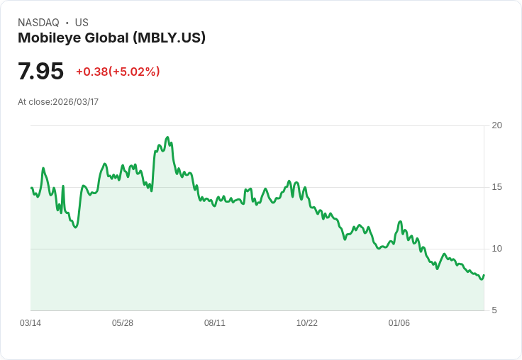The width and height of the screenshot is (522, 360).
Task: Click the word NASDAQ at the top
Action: (38, 23)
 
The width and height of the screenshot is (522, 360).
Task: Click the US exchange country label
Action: (82, 23)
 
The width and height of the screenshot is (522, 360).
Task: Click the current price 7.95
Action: (40, 72)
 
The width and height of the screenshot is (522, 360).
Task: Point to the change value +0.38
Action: (91, 72)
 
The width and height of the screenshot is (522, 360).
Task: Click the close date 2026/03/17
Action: (76, 102)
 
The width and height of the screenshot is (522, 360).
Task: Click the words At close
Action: (34, 102)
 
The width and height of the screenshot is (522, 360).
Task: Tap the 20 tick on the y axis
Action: (496, 125)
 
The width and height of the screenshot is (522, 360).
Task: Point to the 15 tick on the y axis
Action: (496, 187)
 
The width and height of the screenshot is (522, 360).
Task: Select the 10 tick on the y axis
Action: (496, 249)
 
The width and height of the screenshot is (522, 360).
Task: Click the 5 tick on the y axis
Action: (494, 310)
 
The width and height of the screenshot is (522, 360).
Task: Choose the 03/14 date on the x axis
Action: (30, 323)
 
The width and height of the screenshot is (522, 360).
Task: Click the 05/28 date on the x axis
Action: (123, 323)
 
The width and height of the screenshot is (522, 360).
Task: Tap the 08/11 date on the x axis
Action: (215, 323)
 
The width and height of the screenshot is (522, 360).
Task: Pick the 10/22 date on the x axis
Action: (307, 323)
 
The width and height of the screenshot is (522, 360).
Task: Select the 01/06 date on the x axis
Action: (399, 323)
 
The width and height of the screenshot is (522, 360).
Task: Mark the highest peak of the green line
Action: (167, 137)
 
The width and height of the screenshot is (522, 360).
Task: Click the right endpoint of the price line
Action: (484, 276)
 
